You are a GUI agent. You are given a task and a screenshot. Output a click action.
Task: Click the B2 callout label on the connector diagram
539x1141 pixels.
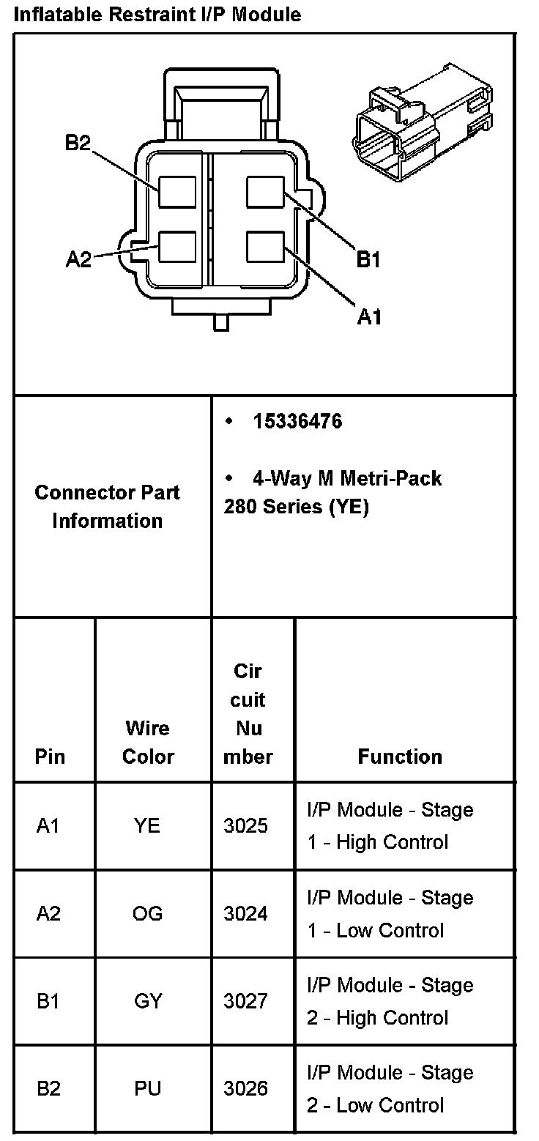(77, 142)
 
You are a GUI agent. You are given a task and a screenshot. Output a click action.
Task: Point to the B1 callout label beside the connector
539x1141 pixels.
(368, 259)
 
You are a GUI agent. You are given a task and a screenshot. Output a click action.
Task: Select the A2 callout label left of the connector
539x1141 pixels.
(78, 259)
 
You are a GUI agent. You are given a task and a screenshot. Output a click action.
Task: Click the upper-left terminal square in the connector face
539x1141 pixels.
(177, 193)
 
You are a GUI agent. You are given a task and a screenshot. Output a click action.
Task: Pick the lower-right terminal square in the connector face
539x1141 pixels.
(265, 247)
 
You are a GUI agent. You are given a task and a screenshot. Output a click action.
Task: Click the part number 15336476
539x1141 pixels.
(297, 422)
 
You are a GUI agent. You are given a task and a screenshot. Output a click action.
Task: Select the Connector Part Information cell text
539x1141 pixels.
(107, 506)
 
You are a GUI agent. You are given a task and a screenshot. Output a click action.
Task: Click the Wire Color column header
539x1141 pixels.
(148, 742)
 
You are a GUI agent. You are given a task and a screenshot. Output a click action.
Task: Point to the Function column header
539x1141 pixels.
(400, 757)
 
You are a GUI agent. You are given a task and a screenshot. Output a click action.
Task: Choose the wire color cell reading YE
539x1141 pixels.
(147, 826)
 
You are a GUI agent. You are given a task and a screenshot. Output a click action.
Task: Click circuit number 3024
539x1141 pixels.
(246, 913)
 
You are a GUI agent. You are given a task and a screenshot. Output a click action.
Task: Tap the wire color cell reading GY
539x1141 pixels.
(148, 1001)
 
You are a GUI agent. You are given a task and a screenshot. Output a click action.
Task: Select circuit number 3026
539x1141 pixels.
(246, 1088)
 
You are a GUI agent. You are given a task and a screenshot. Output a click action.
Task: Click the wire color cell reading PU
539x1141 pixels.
(147, 1088)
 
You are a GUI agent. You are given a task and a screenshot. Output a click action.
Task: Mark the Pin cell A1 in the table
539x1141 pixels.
(48, 826)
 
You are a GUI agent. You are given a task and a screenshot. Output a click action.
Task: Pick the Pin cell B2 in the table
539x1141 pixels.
(48, 1088)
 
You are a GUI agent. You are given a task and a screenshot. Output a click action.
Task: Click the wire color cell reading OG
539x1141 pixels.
(148, 913)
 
